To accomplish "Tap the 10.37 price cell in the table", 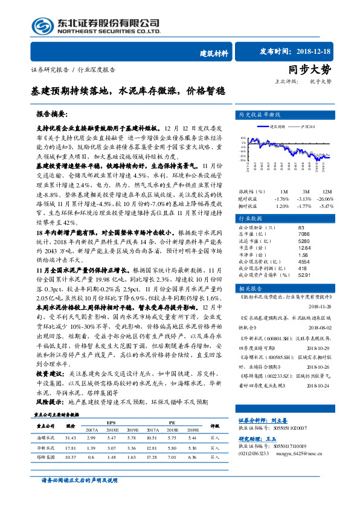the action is click(69, 458).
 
